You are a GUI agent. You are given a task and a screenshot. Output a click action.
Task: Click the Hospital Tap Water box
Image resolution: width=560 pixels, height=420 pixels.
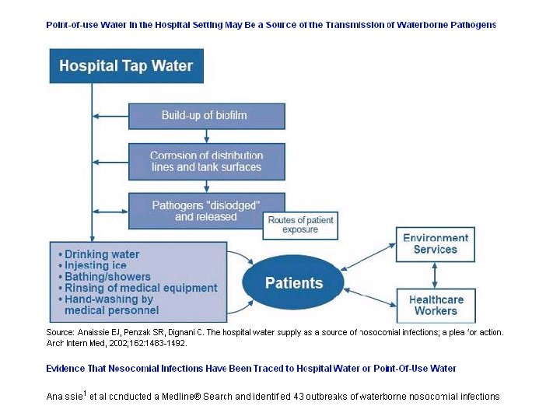126,65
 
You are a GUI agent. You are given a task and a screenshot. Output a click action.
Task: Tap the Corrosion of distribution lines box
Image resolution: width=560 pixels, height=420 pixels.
206,161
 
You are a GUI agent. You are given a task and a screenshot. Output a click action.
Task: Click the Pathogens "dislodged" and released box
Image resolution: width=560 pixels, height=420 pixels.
206,211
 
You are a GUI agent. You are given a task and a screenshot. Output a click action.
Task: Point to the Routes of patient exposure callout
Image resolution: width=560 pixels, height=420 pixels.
300,225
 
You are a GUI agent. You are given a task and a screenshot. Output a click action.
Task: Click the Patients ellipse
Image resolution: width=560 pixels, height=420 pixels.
293,283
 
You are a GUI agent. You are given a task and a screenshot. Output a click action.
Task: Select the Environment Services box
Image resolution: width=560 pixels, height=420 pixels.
435,244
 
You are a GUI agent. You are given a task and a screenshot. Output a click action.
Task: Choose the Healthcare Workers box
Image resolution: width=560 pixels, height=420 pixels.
435,305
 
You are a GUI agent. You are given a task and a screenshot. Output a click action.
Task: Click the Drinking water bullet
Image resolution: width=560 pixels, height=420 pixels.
102,254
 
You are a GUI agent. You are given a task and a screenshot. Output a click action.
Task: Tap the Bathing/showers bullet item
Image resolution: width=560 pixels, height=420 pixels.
107,277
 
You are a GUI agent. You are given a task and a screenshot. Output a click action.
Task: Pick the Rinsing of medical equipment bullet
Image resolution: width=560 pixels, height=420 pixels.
141,288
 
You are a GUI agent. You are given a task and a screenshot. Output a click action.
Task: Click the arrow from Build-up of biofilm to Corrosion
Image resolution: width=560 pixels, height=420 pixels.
206,136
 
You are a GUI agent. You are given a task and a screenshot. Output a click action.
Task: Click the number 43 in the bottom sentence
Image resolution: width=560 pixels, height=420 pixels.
299,397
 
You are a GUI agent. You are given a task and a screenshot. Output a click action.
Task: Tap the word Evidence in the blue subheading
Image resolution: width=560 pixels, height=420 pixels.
66,368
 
